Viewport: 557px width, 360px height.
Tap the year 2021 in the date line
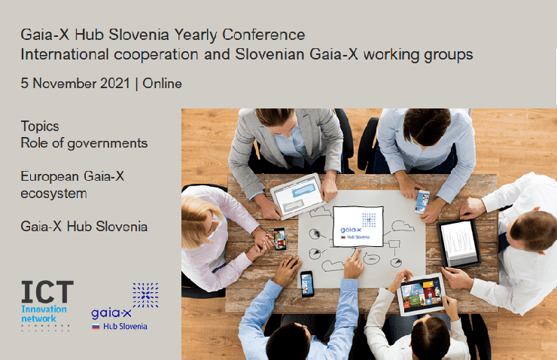coord(115,84)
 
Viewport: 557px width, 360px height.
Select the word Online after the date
coord(163,84)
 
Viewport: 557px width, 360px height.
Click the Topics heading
coord(40,127)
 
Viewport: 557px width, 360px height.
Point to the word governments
coord(108,144)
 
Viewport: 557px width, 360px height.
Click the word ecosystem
coord(53,194)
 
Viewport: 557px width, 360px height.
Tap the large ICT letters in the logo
coord(47,291)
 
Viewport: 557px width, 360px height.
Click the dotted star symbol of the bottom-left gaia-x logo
coord(145,295)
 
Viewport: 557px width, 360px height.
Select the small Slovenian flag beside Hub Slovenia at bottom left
coord(96,326)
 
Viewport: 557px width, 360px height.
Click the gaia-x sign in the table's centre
coord(358,227)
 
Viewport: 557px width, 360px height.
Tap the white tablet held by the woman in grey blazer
coord(297,196)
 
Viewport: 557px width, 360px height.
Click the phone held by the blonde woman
coord(279,239)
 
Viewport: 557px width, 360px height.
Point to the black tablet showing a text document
coord(459,243)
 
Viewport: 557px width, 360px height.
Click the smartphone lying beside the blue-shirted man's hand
coord(307,284)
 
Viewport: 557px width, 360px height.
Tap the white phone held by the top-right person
coord(422,202)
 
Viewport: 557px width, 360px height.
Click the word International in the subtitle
coord(65,55)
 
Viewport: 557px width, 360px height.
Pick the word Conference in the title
coord(263,35)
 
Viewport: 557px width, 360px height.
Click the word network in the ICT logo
coord(38,319)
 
